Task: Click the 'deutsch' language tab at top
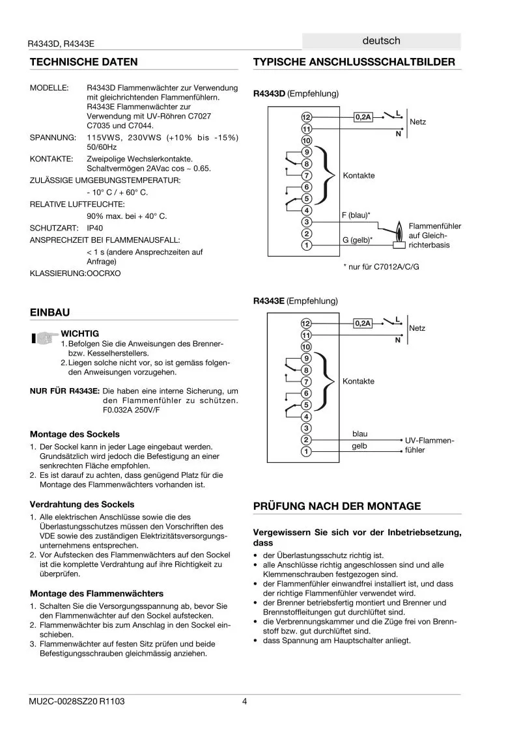coord(382,40)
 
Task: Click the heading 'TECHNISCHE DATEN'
coord(84,62)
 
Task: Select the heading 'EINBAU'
coord(49,313)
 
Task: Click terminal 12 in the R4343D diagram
coord(306,117)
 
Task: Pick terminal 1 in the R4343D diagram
coord(306,245)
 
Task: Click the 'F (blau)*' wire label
coord(356,214)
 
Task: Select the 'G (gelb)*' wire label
coord(357,240)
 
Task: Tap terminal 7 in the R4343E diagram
coord(306,382)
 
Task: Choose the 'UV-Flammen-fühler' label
coord(429,445)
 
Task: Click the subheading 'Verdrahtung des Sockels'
coord(82,504)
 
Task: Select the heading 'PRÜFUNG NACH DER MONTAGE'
coord(337,506)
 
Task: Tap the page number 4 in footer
coord(244,701)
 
